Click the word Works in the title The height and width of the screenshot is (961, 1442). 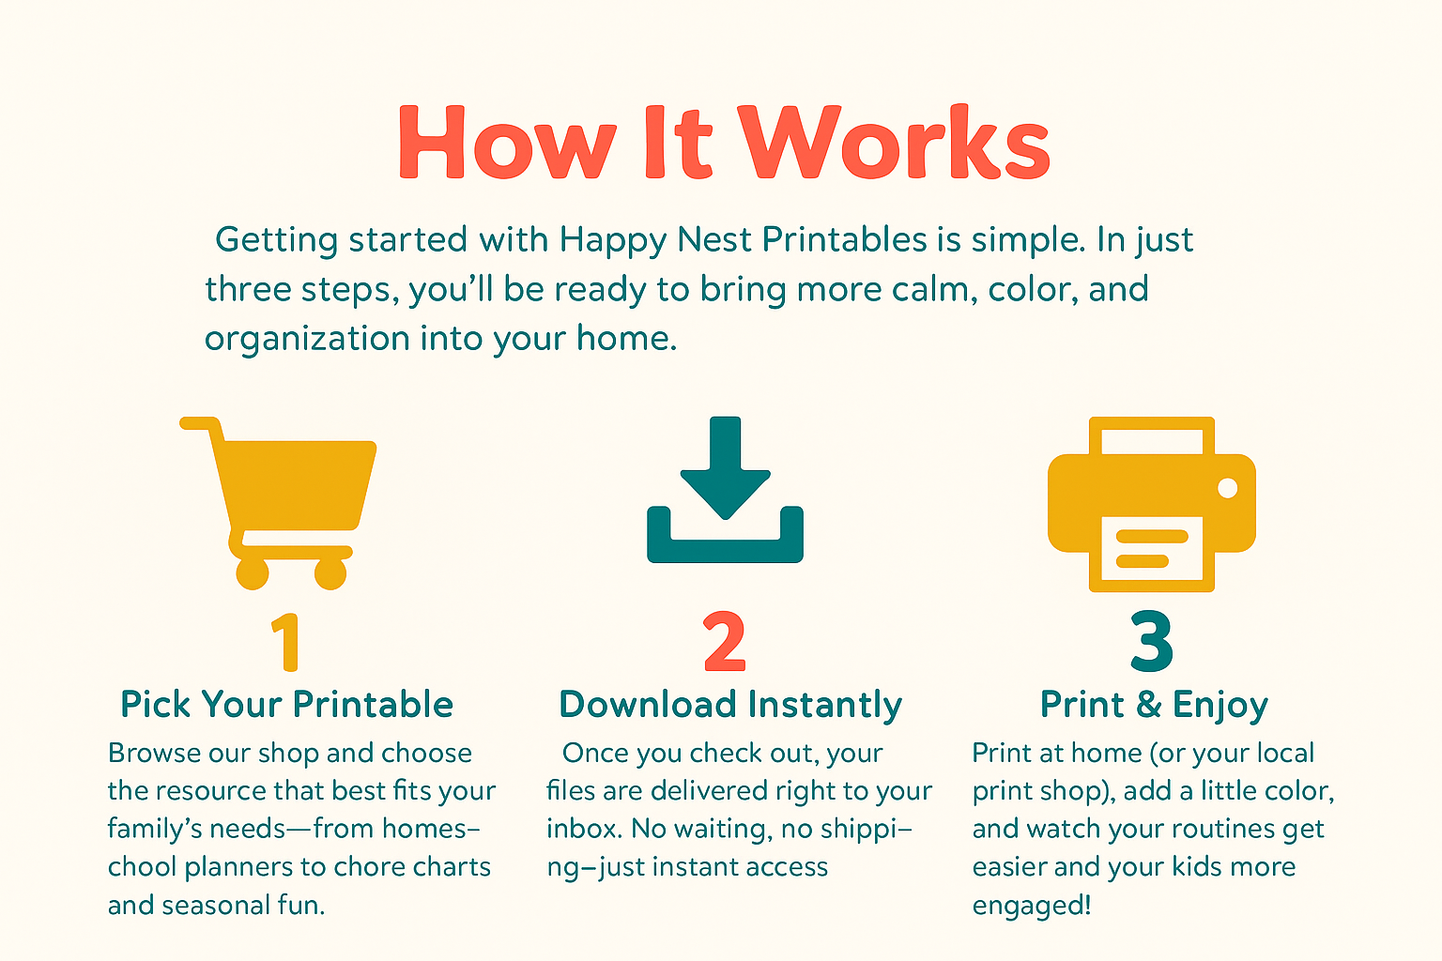click(894, 142)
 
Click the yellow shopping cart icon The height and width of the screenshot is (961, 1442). click(278, 503)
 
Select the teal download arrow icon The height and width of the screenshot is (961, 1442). click(726, 489)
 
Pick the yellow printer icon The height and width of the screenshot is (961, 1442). click(1152, 504)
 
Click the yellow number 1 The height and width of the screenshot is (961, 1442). click(286, 642)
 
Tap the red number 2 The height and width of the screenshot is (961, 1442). click(724, 642)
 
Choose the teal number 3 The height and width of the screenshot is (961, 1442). click(1152, 642)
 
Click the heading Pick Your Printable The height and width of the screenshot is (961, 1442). click(287, 704)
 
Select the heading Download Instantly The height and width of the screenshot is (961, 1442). click(730, 705)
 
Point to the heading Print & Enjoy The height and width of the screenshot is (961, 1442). click(1154, 705)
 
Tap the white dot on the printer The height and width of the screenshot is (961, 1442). click(1228, 488)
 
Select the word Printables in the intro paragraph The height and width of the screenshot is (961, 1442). click(845, 239)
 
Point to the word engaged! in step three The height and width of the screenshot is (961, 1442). click(1032, 906)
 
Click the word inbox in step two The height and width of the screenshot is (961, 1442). click(584, 829)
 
